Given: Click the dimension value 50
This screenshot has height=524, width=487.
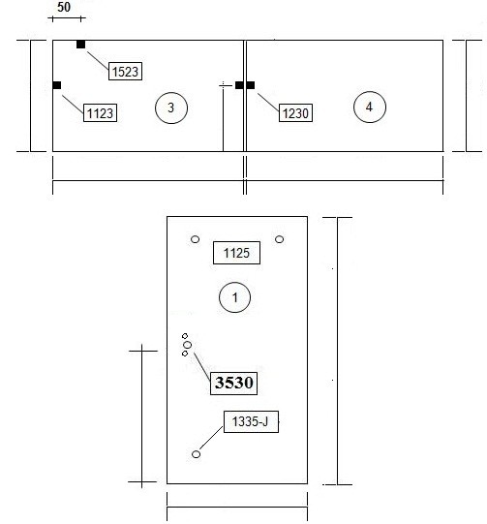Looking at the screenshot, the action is pyautogui.click(x=64, y=7).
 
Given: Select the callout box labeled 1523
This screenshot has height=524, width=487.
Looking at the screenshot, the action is pyautogui.click(x=125, y=71).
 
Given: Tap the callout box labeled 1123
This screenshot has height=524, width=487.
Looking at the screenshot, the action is pyautogui.click(x=100, y=112).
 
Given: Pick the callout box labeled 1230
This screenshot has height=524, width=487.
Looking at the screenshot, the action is pyautogui.click(x=295, y=112).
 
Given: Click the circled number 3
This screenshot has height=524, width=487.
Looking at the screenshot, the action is pyautogui.click(x=171, y=108).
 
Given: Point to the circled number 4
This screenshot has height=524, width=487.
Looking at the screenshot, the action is pyautogui.click(x=370, y=107).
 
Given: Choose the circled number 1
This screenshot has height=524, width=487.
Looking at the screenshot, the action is pyautogui.click(x=235, y=297).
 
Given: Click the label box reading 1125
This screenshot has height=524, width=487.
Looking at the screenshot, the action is pyautogui.click(x=236, y=253).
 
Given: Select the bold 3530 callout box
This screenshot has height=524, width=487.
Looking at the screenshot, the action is pyautogui.click(x=233, y=383).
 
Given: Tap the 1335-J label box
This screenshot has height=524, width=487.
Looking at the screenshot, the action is pyautogui.click(x=251, y=421).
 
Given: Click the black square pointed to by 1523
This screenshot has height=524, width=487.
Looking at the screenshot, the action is pyautogui.click(x=80, y=45).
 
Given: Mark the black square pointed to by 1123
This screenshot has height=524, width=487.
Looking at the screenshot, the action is pyautogui.click(x=57, y=85).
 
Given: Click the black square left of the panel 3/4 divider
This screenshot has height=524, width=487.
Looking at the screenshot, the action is pyautogui.click(x=239, y=85).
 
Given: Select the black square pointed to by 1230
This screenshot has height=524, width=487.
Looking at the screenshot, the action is pyautogui.click(x=251, y=85).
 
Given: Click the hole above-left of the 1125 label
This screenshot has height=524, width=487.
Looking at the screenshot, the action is pyautogui.click(x=195, y=239).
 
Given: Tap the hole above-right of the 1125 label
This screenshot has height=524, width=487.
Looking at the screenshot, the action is pyautogui.click(x=280, y=239).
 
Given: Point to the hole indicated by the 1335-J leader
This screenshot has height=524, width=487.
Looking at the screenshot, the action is pyautogui.click(x=197, y=454).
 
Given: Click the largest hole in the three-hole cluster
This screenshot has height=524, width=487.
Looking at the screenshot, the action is pyautogui.click(x=188, y=345).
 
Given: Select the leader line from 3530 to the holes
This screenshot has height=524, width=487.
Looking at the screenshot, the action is pyautogui.click(x=202, y=367).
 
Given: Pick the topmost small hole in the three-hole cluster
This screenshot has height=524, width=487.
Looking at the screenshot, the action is pyautogui.click(x=185, y=336).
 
